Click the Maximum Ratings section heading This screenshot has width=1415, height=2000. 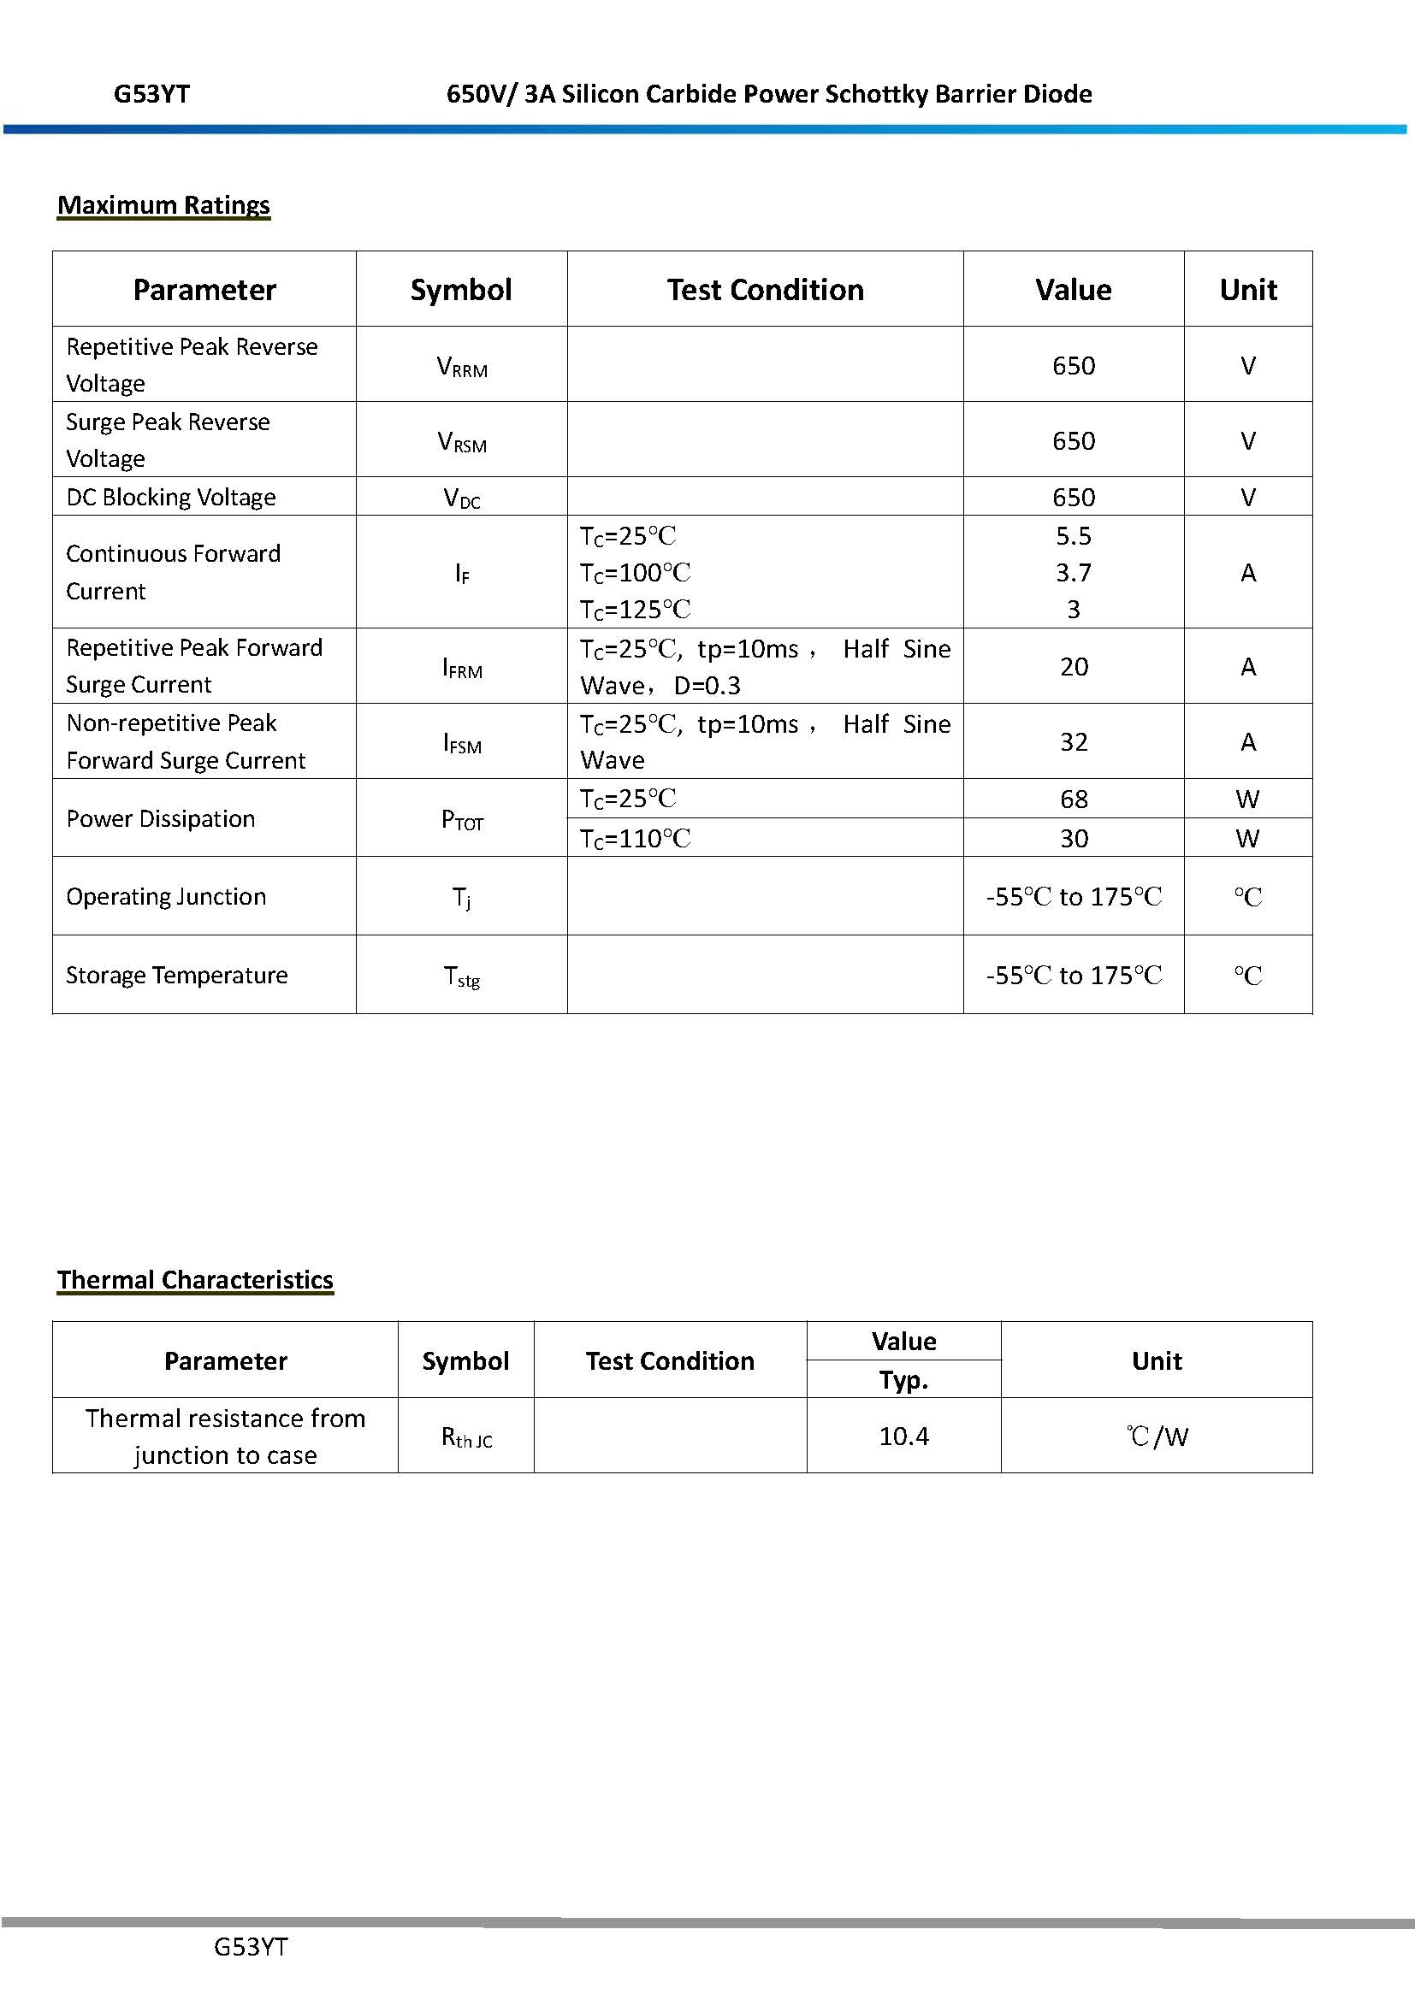coord(163,205)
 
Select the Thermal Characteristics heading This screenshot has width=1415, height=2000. coord(195,1280)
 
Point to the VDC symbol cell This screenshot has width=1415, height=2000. coord(462,499)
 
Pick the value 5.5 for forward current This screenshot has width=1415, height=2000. coord(1073,536)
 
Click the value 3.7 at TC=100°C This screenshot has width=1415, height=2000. coord(1073,572)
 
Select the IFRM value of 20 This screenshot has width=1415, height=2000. coord(1074,666)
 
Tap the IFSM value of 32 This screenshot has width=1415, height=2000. coord(1074,741)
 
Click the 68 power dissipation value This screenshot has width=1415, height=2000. coord(1074,799)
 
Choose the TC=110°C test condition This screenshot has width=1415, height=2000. coord(635,838)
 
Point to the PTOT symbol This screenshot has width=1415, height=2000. coord(462,820)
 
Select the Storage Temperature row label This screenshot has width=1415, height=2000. coord(177,975)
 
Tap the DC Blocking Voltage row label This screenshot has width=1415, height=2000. coord(171,498)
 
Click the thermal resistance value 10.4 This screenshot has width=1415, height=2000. coord(903,1436)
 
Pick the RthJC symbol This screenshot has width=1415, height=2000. coord(466,1437)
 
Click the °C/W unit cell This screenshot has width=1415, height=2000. coord(1157,1436)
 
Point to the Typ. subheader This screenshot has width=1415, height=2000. coord(903,1380)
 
